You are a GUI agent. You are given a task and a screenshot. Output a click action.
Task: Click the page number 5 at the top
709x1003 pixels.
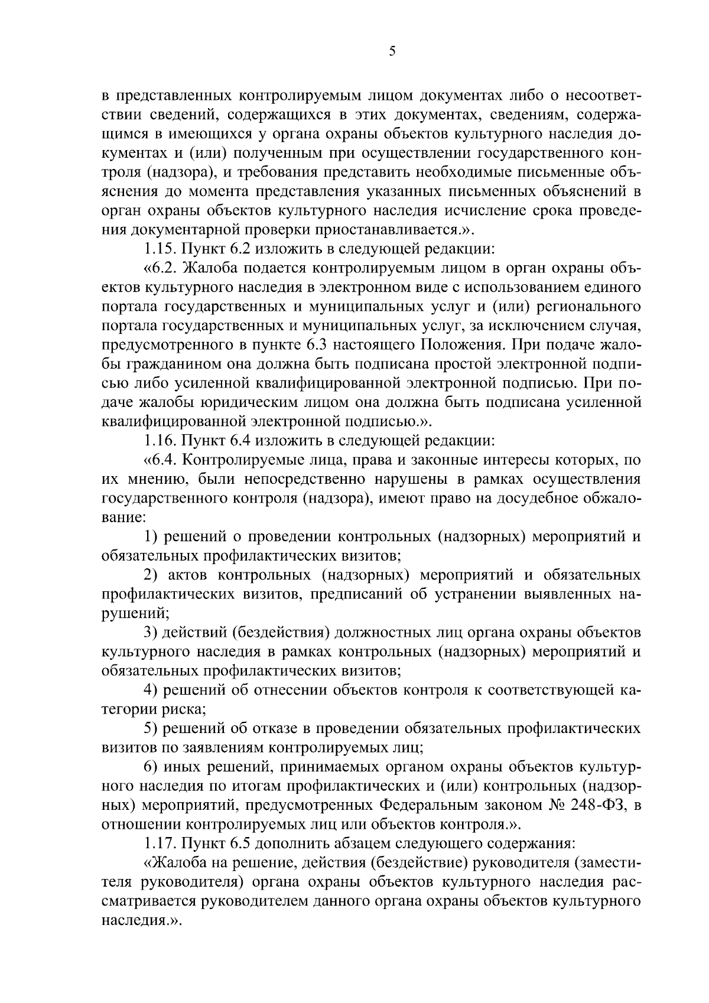(x=392, y=51)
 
